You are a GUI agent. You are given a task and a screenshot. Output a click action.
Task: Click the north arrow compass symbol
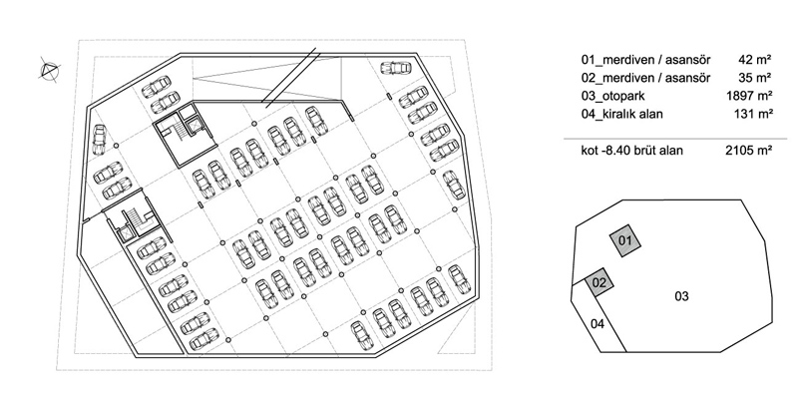point(49,70)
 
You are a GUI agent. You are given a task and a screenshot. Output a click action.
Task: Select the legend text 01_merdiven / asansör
point(645,60)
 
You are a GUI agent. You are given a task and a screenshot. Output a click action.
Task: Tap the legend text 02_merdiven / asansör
point(645,78)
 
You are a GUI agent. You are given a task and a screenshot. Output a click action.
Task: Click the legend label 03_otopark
point(612,96)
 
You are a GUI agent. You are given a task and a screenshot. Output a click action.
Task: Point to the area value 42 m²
point(755,60)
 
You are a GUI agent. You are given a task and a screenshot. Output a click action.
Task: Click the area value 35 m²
point(755,78)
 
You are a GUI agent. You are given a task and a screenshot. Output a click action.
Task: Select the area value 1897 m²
point(750,96)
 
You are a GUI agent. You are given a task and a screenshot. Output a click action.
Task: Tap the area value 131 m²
point(753,114)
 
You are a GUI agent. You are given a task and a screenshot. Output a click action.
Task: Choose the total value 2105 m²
point(749,151)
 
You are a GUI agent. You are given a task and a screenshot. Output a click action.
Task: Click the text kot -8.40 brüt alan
point(632,151)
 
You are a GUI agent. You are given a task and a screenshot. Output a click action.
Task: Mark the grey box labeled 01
point(625,240)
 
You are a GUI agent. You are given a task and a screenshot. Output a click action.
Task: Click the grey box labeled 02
point(599,283)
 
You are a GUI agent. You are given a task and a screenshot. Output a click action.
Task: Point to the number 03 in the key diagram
point(681,296)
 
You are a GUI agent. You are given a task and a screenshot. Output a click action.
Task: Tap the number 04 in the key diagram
point(598,323)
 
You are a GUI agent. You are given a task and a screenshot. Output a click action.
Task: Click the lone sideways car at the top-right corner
point(395,67)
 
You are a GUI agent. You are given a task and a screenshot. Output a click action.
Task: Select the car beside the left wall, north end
point(99,140)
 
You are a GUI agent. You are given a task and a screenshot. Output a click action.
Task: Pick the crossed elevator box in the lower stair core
point(126,233)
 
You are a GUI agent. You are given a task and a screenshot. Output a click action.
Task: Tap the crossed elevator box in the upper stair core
point(193,126)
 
